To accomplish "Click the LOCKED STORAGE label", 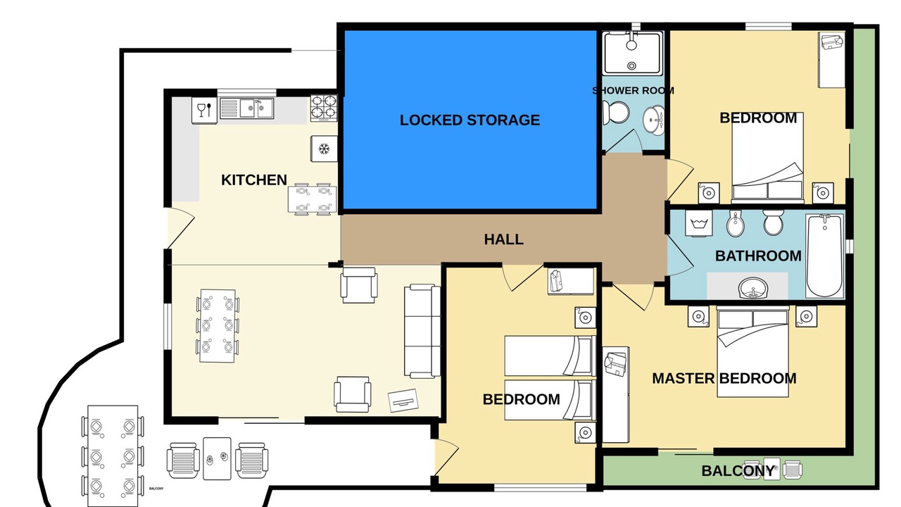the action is pyautogui.click(x=470, y=120).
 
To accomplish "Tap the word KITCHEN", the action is pyautogui.click(x=254, y=180).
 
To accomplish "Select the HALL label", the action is pyautogui.click(x=503, y=239).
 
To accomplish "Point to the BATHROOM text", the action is pyautogui.click(x=758, y=256).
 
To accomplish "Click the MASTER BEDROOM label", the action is pyautogui.click(x=724, y=378).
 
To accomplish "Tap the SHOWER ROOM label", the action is pyautogui.click(x=633, y=91).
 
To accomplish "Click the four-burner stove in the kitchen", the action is pyautogui.click(x=324, y=108).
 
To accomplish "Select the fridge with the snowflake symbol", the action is pyautogui.click(x=324, y=149).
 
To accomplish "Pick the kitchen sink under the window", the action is pyautogui.click(x=247, y=108).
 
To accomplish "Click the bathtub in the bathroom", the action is pyautogui.click(x=825, y=256).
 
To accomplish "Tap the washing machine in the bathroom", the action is pyautogui.click(x=699, y=223).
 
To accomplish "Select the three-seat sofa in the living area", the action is pyautogui.click(x=422, y=331).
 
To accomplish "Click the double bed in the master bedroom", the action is pyautogui.click(x=752, y=351).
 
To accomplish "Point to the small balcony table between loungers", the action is pyautogui.click(x=218, y=458).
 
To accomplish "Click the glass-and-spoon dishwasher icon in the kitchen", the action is pyautogui.click(x=205, y=110).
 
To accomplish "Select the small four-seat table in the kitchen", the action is pyautogui.click(x=312, y=199).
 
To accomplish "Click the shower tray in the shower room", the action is pyautogui.click(x=632, y=54).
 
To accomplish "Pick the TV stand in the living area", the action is pyautogui.click(x=403, y=400).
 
